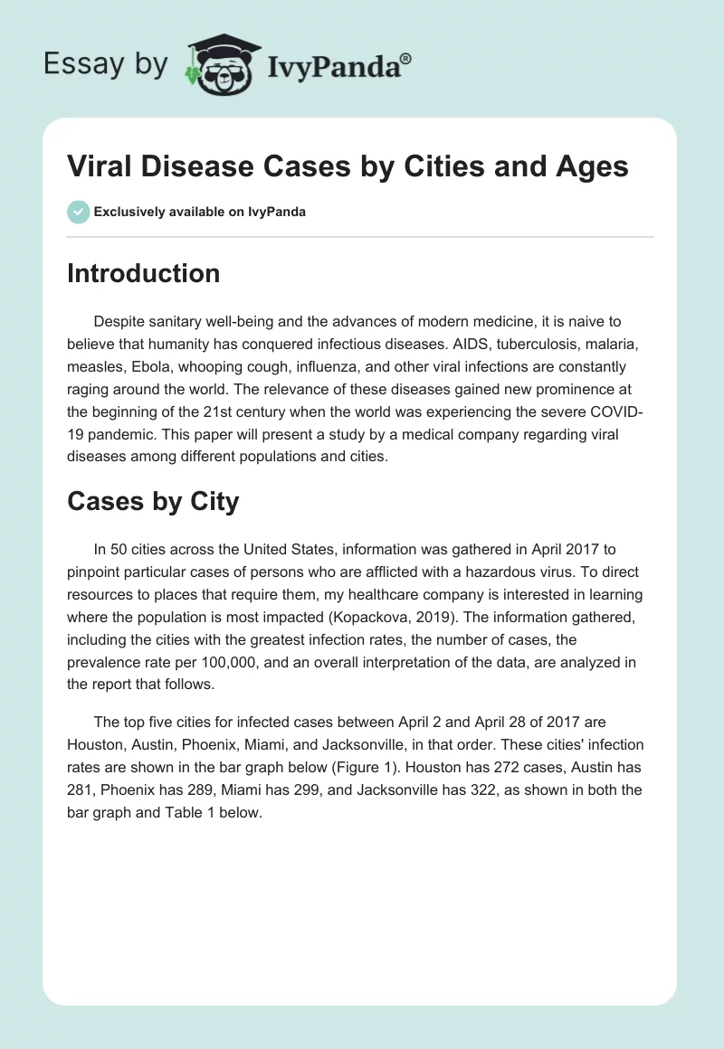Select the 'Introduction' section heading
pos(143,273)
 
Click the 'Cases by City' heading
pos(153,502)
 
